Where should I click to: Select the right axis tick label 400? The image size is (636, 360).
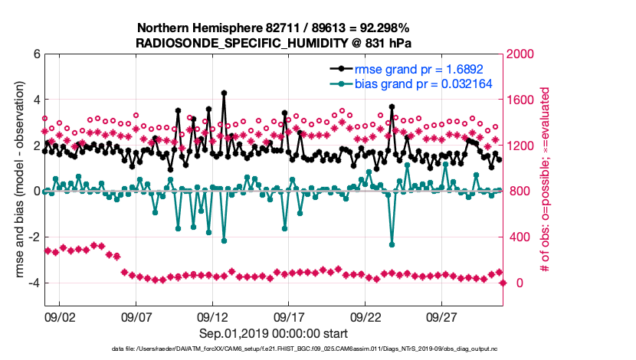(520, 237)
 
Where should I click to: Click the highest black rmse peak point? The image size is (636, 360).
(224, 93)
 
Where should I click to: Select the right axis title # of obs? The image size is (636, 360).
(546, 181)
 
